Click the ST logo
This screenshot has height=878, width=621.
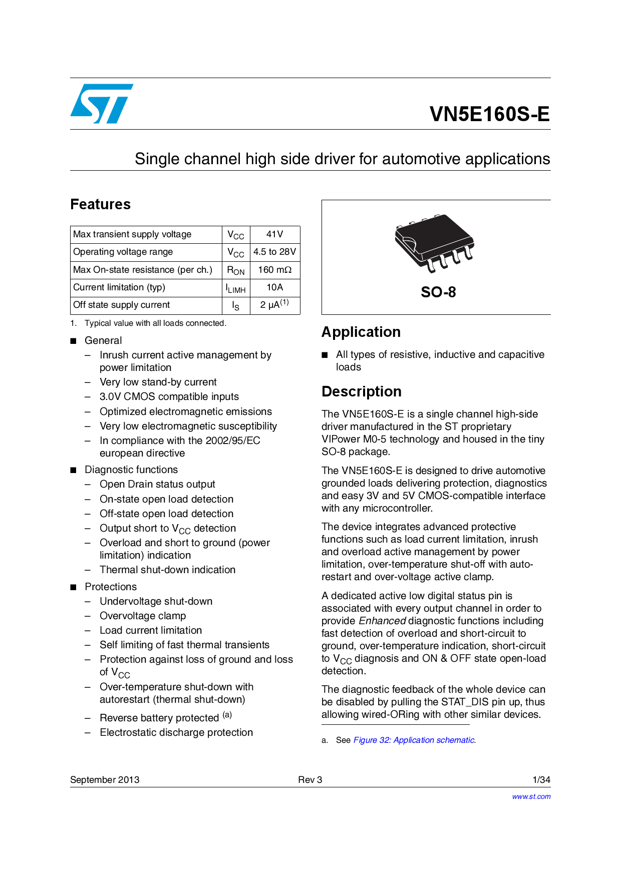[x=102, y=104]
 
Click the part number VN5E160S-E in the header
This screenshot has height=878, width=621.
[x=489, y=114]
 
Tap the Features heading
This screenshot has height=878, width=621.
[x=100, y=204]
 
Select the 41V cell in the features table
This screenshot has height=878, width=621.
[x=274, y=234]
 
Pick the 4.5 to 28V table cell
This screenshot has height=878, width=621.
[x=274, y=252]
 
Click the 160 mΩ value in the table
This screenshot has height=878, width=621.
[x=274, y=270]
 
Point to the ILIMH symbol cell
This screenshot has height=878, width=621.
[x=235, y=288]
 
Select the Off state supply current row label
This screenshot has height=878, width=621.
[x=122, y=305]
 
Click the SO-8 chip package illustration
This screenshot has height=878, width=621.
[x=434, y=243]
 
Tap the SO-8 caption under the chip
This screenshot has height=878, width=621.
[x=438, y=292]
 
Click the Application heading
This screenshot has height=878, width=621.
[x=361, y=332]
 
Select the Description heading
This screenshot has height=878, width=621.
[x=361, y=391]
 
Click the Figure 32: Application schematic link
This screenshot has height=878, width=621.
[x=414, y=740]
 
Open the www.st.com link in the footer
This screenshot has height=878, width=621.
[x=531, y=796]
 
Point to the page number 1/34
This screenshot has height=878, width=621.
[x=541, y=779]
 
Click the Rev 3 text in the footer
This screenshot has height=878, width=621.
[x=310, y=779]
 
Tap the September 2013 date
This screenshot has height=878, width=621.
[x=105, y=779]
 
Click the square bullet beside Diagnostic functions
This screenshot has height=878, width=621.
[x=74, y=470]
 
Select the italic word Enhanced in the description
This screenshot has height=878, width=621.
[x=382, y=621]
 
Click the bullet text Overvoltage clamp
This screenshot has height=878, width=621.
[x=143, y=616]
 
